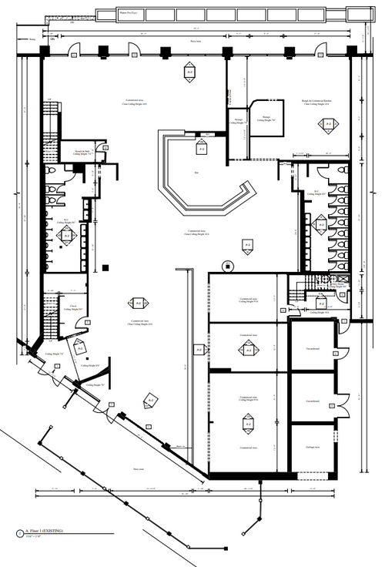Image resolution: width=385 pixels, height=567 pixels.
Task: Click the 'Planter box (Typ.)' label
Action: (129, 14)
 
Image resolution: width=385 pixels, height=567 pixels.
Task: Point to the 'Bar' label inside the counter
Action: (197, 173)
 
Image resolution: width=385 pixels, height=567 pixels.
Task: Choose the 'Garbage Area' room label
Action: (312, 447)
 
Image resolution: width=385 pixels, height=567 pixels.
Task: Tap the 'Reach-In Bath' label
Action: (82, 152)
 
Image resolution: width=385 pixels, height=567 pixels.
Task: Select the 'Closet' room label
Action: (72, 306)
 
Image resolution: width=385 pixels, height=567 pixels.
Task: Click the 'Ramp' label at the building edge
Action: (32, 39)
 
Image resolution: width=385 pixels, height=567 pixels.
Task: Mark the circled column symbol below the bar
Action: (226, 267)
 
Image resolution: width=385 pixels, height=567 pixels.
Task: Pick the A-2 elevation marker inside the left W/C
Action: (66, 237)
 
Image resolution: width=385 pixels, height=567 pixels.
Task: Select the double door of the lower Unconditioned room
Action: (343, 401)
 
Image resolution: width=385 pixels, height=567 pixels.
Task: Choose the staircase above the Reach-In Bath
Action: (51, 124)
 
